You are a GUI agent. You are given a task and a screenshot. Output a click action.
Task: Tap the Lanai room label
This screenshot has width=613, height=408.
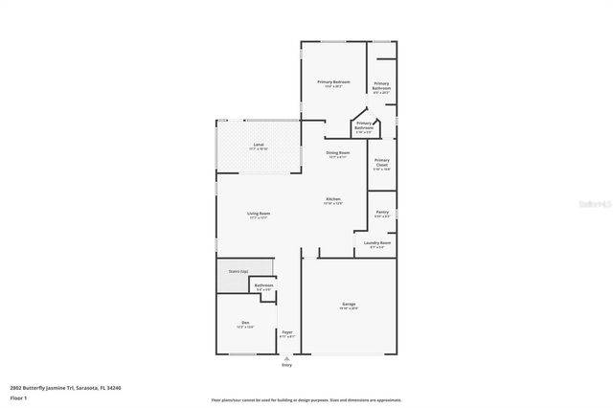click(x=259, y=147)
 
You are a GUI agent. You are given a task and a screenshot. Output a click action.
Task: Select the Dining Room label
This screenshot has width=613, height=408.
click(x=337, y=153)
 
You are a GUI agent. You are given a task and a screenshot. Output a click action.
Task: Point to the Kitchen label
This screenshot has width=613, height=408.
click(x=332, y=200)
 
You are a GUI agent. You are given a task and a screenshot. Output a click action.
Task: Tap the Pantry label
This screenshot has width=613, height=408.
click(x=382, y=213)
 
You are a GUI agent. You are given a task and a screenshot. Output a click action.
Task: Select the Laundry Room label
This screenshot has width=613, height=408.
click(x=377, y=243)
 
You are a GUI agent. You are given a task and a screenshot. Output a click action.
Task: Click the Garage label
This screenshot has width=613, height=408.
click(x=349, y=306)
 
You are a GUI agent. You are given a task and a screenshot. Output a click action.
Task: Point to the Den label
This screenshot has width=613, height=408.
click(x=245, y=323)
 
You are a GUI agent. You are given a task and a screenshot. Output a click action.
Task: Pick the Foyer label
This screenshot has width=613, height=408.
click(x=286, y=333)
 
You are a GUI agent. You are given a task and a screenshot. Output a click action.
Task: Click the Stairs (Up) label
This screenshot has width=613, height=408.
click(x=238, y=272)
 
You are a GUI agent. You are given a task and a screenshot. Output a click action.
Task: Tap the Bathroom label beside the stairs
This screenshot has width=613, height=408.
click(x=263, y=285)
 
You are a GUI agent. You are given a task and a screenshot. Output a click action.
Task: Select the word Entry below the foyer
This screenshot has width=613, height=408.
click(x=286, y=366)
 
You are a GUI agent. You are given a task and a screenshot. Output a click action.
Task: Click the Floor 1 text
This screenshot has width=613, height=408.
click(x=18, y=397)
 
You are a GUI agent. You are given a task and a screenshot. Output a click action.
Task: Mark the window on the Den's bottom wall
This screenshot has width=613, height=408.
click(x=242, y=355)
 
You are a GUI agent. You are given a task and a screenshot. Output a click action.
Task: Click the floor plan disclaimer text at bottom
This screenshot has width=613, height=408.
click(x=306, y=399)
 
